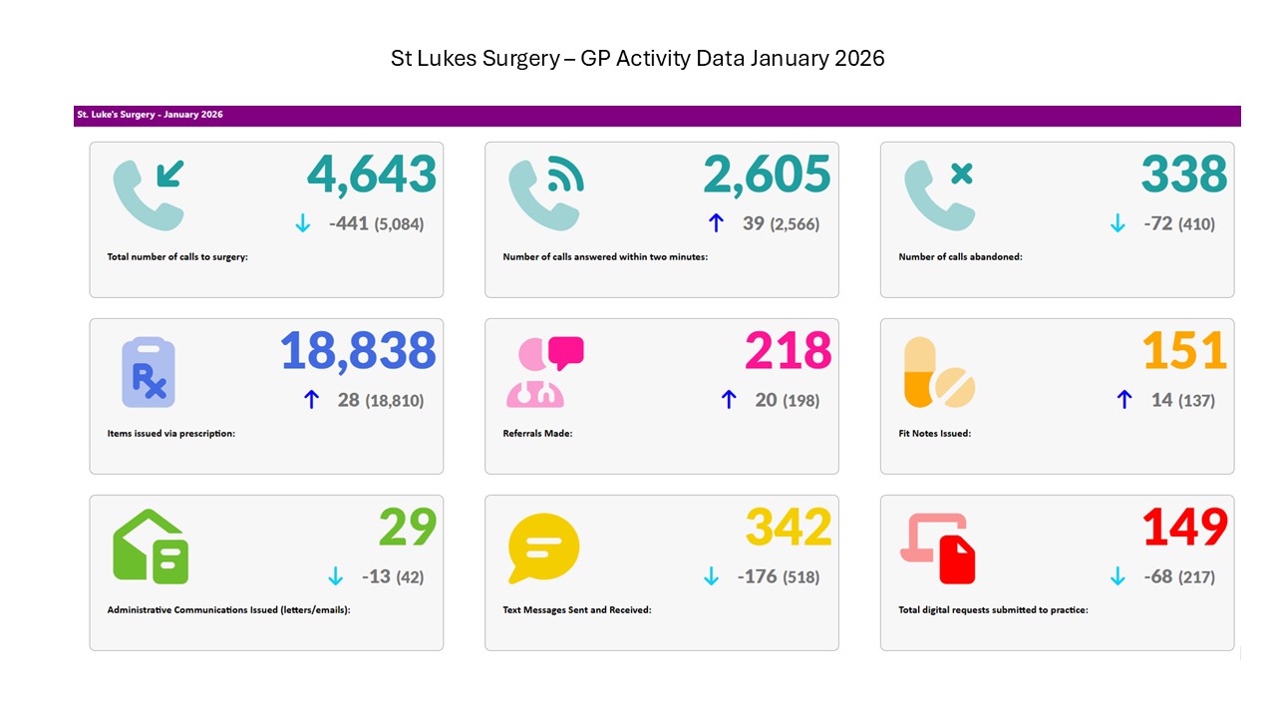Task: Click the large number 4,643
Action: point(372,175)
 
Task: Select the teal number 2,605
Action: point(767,175)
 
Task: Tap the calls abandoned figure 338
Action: point(1184,175)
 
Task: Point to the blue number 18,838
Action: point(358,351)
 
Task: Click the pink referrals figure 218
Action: point(788,351)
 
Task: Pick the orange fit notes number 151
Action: point(1184,351)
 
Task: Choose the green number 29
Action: point(408,528)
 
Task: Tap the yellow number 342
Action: point(789,528)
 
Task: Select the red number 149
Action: point(1184,528)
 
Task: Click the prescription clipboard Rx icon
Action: point(149,373)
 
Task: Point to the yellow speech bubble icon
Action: point(543,548)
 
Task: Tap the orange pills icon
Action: point(938,373)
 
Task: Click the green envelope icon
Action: point(151,547)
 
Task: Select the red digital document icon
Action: point(938,548)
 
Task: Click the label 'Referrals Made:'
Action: point(537,434)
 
